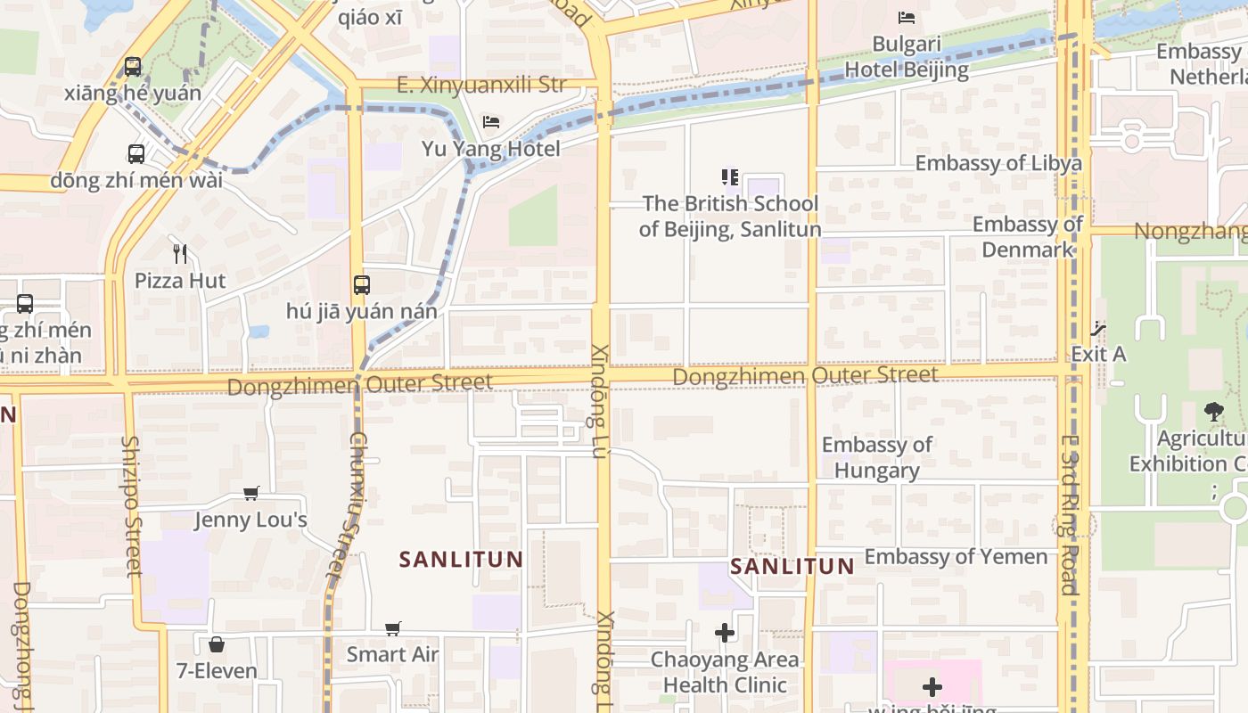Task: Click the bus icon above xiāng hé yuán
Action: [x=133, y=66]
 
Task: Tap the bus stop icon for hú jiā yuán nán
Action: [x=361, y=285]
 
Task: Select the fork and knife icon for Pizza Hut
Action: [x=180, y=254]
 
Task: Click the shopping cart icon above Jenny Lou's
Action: [x=251, y=493]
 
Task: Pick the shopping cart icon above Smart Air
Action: [x=393, y=628]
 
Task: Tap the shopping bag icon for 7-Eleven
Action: [x=216, y=643]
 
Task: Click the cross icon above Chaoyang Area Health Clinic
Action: [x=725, y=633]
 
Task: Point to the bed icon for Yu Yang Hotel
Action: [x=491, y=122]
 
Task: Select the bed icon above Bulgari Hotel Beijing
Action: [x=907, y=17]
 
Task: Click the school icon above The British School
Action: [x=730, y=177]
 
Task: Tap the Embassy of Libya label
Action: [x=998, y=163]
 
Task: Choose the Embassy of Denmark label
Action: [x=1028, y=237]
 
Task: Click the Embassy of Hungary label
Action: [x=877, y=457]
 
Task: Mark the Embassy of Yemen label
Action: [x=956, y=557]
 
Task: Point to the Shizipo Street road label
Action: [x=132, y=505]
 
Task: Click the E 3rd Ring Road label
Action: [x=1070, y=514]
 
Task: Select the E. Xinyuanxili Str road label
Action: [x=481, y=86]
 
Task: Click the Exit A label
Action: [x=1098, y=354]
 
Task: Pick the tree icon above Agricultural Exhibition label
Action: [x=1213, y=412]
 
